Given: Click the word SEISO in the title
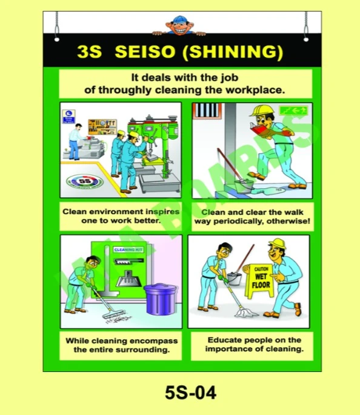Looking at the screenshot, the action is point(145,52).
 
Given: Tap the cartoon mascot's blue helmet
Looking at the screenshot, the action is point(179,19).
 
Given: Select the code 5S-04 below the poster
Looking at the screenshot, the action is point(190,393).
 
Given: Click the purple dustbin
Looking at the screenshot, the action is point(160,299).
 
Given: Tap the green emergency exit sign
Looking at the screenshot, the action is point(293,110).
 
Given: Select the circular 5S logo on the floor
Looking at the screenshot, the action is point(85,182).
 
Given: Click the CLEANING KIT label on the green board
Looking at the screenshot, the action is point(128,249).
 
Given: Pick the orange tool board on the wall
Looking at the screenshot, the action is point(102,127).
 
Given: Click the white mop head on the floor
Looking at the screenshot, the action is point(246,313).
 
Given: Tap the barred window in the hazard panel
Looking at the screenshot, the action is point(207,110).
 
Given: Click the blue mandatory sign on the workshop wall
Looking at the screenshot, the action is point(68,116).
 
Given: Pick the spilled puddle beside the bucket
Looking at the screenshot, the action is point(268,191).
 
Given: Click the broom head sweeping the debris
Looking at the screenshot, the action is point(114,314).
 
